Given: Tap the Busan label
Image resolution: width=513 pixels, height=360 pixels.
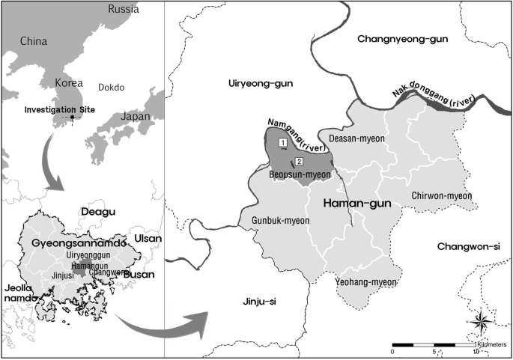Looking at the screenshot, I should [139, 275].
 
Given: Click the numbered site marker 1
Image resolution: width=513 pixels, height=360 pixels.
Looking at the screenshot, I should [282, 142].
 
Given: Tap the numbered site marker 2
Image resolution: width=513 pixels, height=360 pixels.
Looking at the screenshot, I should [299, 162].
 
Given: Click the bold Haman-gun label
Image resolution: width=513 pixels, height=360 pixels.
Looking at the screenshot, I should [354, 203].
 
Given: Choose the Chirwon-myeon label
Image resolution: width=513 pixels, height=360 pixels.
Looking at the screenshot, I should [442, 196].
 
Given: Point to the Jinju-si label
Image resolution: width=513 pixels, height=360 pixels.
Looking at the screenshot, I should [260, 301].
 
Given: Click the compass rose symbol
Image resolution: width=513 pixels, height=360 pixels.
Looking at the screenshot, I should [482, 323].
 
